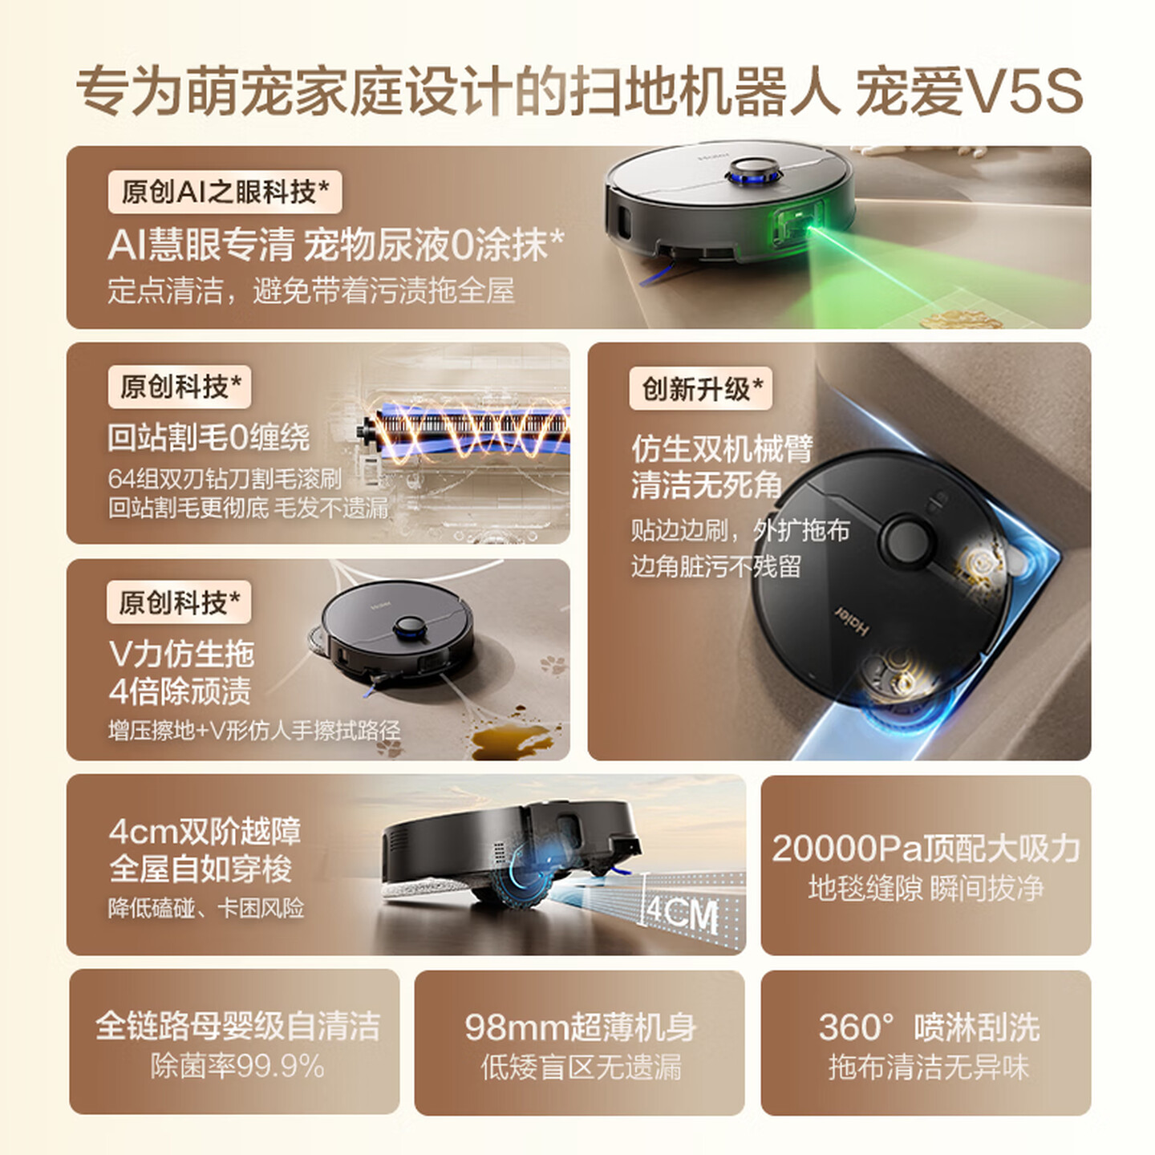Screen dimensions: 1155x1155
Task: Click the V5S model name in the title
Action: tap(1025, 91)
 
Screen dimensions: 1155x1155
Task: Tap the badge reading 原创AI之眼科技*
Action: tap(225, 192)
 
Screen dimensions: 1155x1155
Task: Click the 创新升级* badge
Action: tap(701, 389)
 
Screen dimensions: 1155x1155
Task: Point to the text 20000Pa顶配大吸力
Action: tap(926, 849)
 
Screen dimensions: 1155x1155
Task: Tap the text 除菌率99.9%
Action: tap(237, 1067)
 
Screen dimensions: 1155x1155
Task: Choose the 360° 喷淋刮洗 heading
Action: tap(927, 1027)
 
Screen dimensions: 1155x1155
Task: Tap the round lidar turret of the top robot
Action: tap(752, 170)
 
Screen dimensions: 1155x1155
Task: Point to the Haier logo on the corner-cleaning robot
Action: tap(852, 622)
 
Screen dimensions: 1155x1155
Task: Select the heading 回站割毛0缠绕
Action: tap(209, 437)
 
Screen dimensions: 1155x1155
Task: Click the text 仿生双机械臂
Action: tap(722, 448)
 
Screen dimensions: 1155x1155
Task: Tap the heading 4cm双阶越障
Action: tap(205, 831)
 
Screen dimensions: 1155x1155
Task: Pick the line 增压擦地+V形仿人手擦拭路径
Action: tap(254, 731)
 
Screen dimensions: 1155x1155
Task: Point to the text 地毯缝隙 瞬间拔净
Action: tap(926, 889)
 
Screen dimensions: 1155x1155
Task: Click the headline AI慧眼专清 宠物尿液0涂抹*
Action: tap(335, 245)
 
